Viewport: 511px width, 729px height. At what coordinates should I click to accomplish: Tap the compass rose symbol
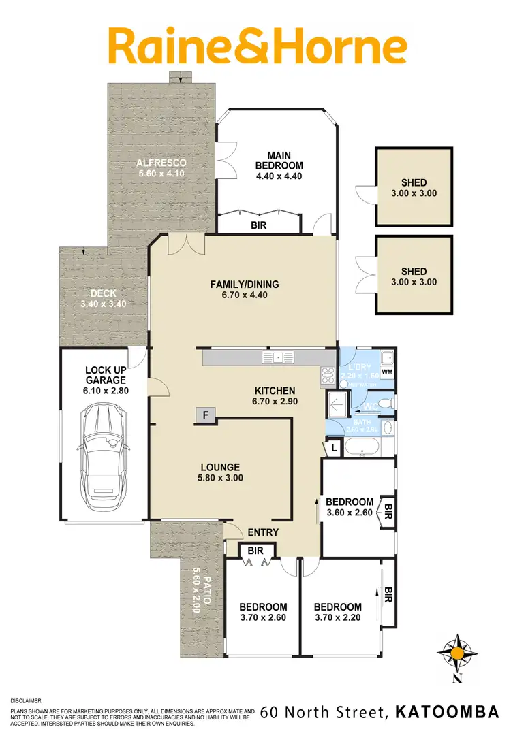point(457,654)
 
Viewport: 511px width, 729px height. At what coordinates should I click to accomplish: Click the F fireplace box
point(205,415)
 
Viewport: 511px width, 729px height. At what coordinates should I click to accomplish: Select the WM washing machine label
point(387,372)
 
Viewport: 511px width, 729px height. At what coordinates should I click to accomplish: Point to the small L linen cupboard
point(335,448)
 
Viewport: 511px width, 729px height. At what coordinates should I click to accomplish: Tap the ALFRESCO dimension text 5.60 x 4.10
point(161,173)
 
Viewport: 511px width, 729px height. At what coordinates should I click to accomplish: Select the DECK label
point(104,293)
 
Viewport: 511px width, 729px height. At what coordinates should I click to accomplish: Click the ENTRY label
point(263,532)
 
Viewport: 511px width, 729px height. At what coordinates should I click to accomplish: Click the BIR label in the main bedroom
point(258,225)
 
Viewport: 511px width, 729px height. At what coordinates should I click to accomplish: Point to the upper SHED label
point(414,182)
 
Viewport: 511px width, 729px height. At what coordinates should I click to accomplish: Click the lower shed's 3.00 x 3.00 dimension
point(414,282)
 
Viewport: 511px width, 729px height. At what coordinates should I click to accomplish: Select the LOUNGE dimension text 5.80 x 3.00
point(220,478)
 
